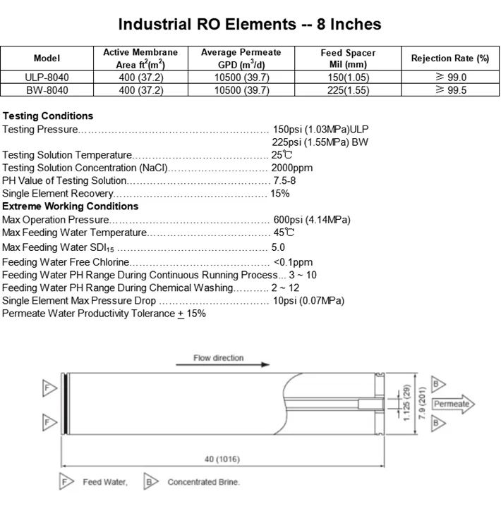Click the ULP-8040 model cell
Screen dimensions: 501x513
[x=47, y=78]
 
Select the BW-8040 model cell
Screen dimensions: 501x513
[x=47, y=90]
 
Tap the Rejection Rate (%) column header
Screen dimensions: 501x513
[x=450, y=58]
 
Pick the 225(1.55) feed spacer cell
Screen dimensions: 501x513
[x=348, y=90]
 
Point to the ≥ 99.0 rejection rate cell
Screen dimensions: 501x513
[x=451, y=78]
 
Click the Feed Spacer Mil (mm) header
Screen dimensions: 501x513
[x=348, y=58]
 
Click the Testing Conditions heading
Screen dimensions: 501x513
[x=48, y=116]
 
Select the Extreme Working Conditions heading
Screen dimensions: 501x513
[x=70, y=206]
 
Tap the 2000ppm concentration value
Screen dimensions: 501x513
[x=292, y=168]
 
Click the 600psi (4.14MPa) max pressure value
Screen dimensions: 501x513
[x=312, y=220]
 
